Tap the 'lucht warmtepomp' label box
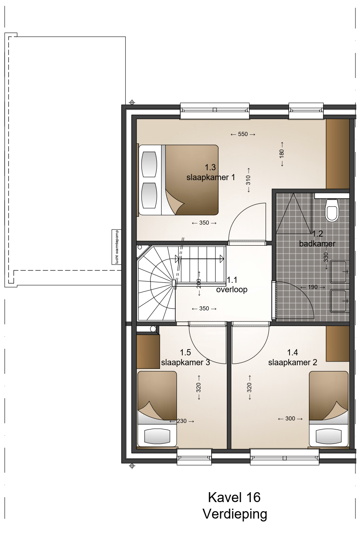pos(116,247)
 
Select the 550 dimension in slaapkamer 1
pos(243,134)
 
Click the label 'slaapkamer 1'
pos(211,177)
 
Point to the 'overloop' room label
pos(232,289)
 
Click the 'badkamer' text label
pos(317,244)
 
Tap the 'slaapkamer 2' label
pos(293,362)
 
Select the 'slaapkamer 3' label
pos(186,362)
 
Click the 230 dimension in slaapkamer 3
pos(181,421)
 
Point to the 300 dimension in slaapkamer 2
pos(290,418)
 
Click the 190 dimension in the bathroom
pos(313,287)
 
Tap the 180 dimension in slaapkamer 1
pos(282,154)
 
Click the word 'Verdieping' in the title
pos(235,514)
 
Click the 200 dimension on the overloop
pos(199,283)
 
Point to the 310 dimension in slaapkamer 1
pos(248,180)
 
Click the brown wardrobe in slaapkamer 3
pos(148,352)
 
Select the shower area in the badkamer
pos(294,214)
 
